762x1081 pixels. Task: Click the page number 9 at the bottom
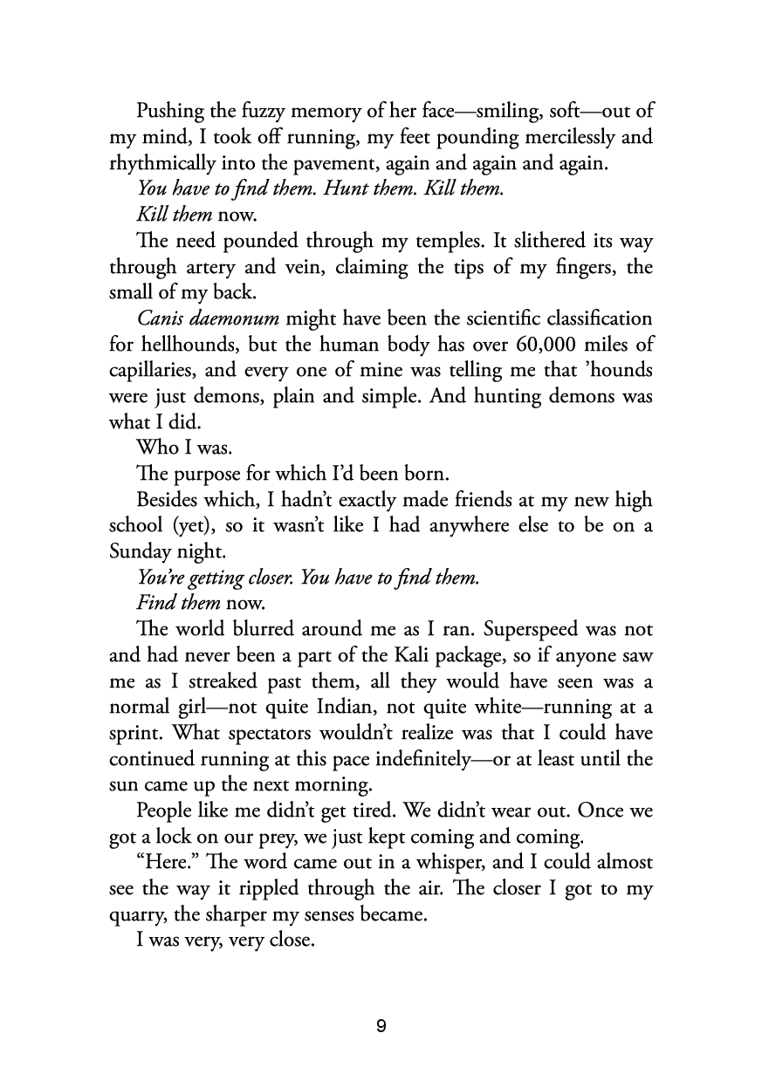click(381, 1025)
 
